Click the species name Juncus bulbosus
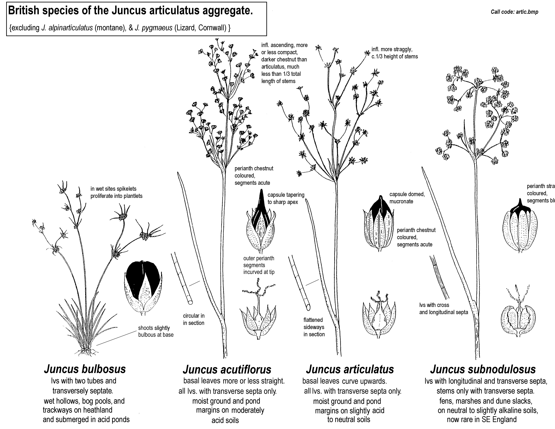pos(85,369)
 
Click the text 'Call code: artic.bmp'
pos(514,12)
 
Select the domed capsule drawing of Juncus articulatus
pos(379,226)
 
